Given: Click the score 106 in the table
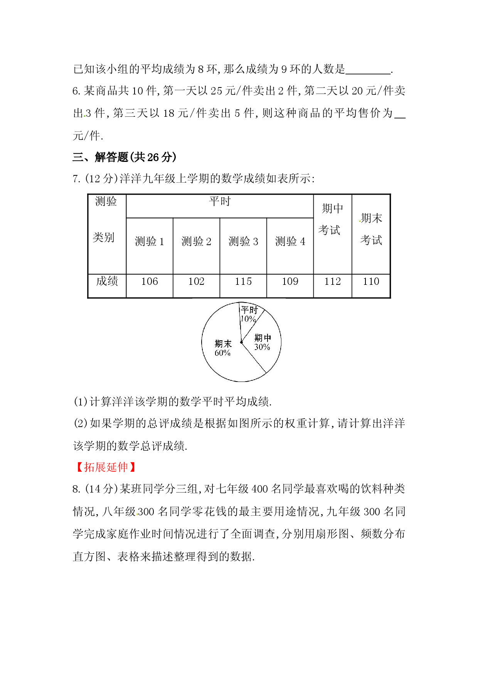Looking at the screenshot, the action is pos(150,281).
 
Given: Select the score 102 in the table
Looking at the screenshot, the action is pos(196,281).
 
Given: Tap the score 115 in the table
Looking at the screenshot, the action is pos(243,281).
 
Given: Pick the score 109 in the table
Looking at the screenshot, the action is pos(290,281).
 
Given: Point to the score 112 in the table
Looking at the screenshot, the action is pos(332,281).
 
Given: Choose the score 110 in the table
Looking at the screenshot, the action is pos(371,281).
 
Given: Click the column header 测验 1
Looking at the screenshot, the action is pos(150,241).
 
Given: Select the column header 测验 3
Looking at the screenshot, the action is pos(243,241).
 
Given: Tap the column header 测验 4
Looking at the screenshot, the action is pos(290,241).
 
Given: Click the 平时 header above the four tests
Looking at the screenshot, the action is pos(220,201).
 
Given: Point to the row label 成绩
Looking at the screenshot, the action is pos(107,281).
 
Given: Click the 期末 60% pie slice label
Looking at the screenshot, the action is pos(223,348).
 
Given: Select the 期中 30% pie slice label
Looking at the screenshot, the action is pos(263,342).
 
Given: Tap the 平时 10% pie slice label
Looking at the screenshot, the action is pos(249,314).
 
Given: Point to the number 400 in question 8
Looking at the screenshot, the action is pos(259,489).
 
